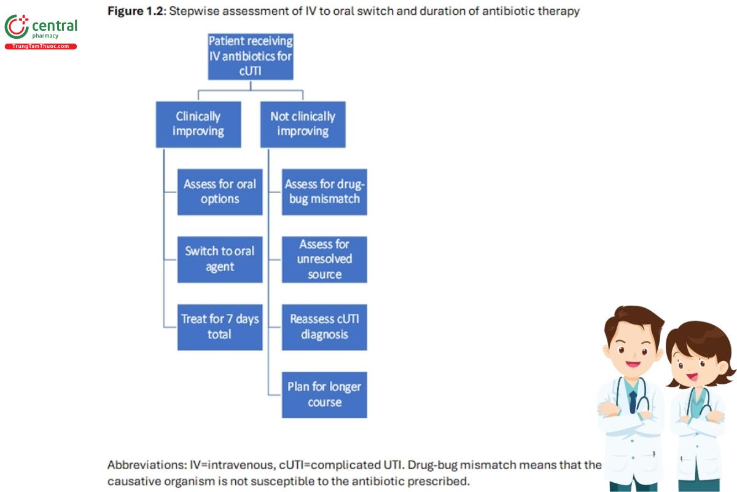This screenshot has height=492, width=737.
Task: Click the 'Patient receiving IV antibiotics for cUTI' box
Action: [x=251, y=57]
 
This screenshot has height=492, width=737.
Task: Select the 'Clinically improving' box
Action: [x=198, y=124]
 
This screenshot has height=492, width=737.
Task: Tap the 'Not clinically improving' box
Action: [x=303, y=124]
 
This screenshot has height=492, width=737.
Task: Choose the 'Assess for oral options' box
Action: [x=220, y=192]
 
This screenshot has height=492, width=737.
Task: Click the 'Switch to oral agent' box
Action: [x=220, y=260]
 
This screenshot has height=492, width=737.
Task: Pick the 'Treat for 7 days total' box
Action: [x=220, y=327]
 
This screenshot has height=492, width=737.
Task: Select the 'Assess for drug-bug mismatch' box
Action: [x=324, y=192]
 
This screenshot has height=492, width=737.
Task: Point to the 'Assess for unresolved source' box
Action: [x=324, y=260]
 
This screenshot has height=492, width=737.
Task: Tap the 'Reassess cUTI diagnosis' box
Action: [x=324, y=327]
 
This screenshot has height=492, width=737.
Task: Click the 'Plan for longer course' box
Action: [x=324, y=395]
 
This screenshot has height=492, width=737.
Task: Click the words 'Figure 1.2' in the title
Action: [x=135, y=11]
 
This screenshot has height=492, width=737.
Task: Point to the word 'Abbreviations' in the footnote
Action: [x=146, y=465]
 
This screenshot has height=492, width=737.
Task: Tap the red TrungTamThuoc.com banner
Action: [x=41, y=47]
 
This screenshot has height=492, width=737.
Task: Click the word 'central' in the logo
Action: [x=55, y=26]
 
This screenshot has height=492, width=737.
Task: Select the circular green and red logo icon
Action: [x=17, y=26]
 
